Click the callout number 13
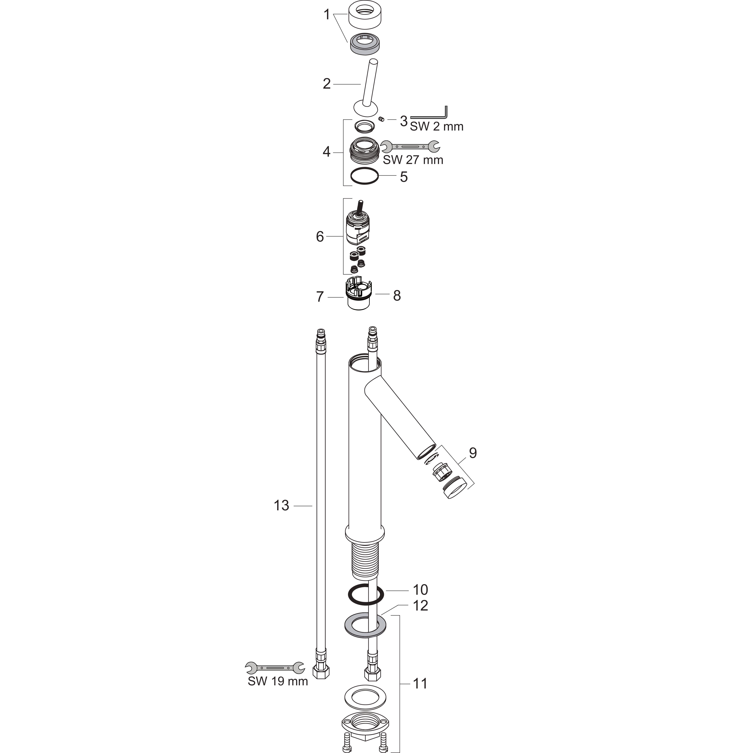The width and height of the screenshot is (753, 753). click(281, 506)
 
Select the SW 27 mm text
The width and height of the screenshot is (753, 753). click(413, 160)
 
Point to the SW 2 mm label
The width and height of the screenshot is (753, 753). click(436, 126)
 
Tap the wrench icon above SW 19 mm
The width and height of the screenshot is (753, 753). click(275, 668)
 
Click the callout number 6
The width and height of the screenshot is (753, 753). click(320, 237)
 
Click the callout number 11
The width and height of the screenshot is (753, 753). click(420, 683)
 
